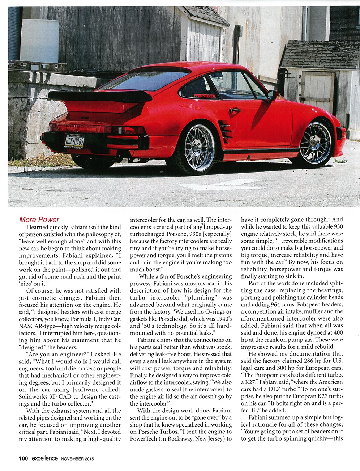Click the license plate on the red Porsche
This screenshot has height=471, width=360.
(x=74, y=140)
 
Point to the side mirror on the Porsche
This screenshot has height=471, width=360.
(x=271, y=95)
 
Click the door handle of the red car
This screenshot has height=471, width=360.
(x=235, y=110)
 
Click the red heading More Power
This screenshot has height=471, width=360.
(x=39, y=220)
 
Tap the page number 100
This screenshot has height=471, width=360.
(x=23, y=458)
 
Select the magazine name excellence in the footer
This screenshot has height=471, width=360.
(x=44, y=458)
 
